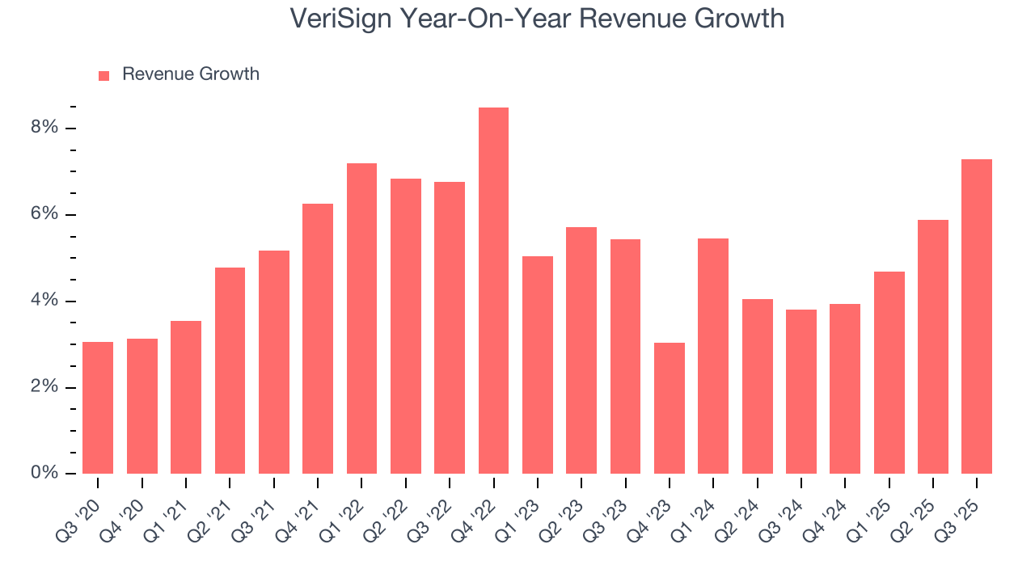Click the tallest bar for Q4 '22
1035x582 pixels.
tap(493, 291)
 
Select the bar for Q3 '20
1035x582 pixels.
tap(98, 407)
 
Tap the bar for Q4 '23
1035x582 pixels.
tap(670, 408)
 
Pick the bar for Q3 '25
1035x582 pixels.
tap(977, 316)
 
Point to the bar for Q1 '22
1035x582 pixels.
tap(361, 318)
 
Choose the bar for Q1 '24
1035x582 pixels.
tap(713, 356)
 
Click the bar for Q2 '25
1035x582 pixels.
tap(933, 347)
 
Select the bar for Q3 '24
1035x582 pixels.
tap(801, 391)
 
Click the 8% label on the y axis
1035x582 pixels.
tap(45, 128)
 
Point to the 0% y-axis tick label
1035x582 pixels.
tap(45, 473)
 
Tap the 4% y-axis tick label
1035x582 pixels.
tap(45, 301)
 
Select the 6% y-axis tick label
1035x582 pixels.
tap(45, 214)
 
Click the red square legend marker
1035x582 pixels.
tap(103, 76)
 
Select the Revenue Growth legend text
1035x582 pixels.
tap(191, 74)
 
